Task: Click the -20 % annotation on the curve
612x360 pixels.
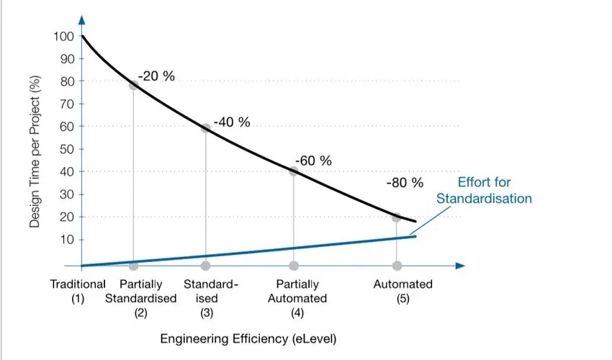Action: coord(156,76)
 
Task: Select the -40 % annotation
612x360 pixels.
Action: coord(232,122)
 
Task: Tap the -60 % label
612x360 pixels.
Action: coord(314,160)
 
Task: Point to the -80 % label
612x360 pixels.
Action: coord(405,182)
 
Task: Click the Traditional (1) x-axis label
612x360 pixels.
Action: coord(78,291)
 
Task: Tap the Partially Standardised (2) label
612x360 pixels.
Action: coord(140,298)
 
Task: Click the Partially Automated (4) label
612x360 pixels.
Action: coord(297,298)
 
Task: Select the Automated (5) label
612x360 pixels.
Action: coord(402,291)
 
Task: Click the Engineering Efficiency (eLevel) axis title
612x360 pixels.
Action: coord(248,338)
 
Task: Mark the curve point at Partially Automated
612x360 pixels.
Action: coord(294,171)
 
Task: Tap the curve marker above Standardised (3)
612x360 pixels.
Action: coord(206,128)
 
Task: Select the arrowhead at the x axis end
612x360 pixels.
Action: coord(461,265)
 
